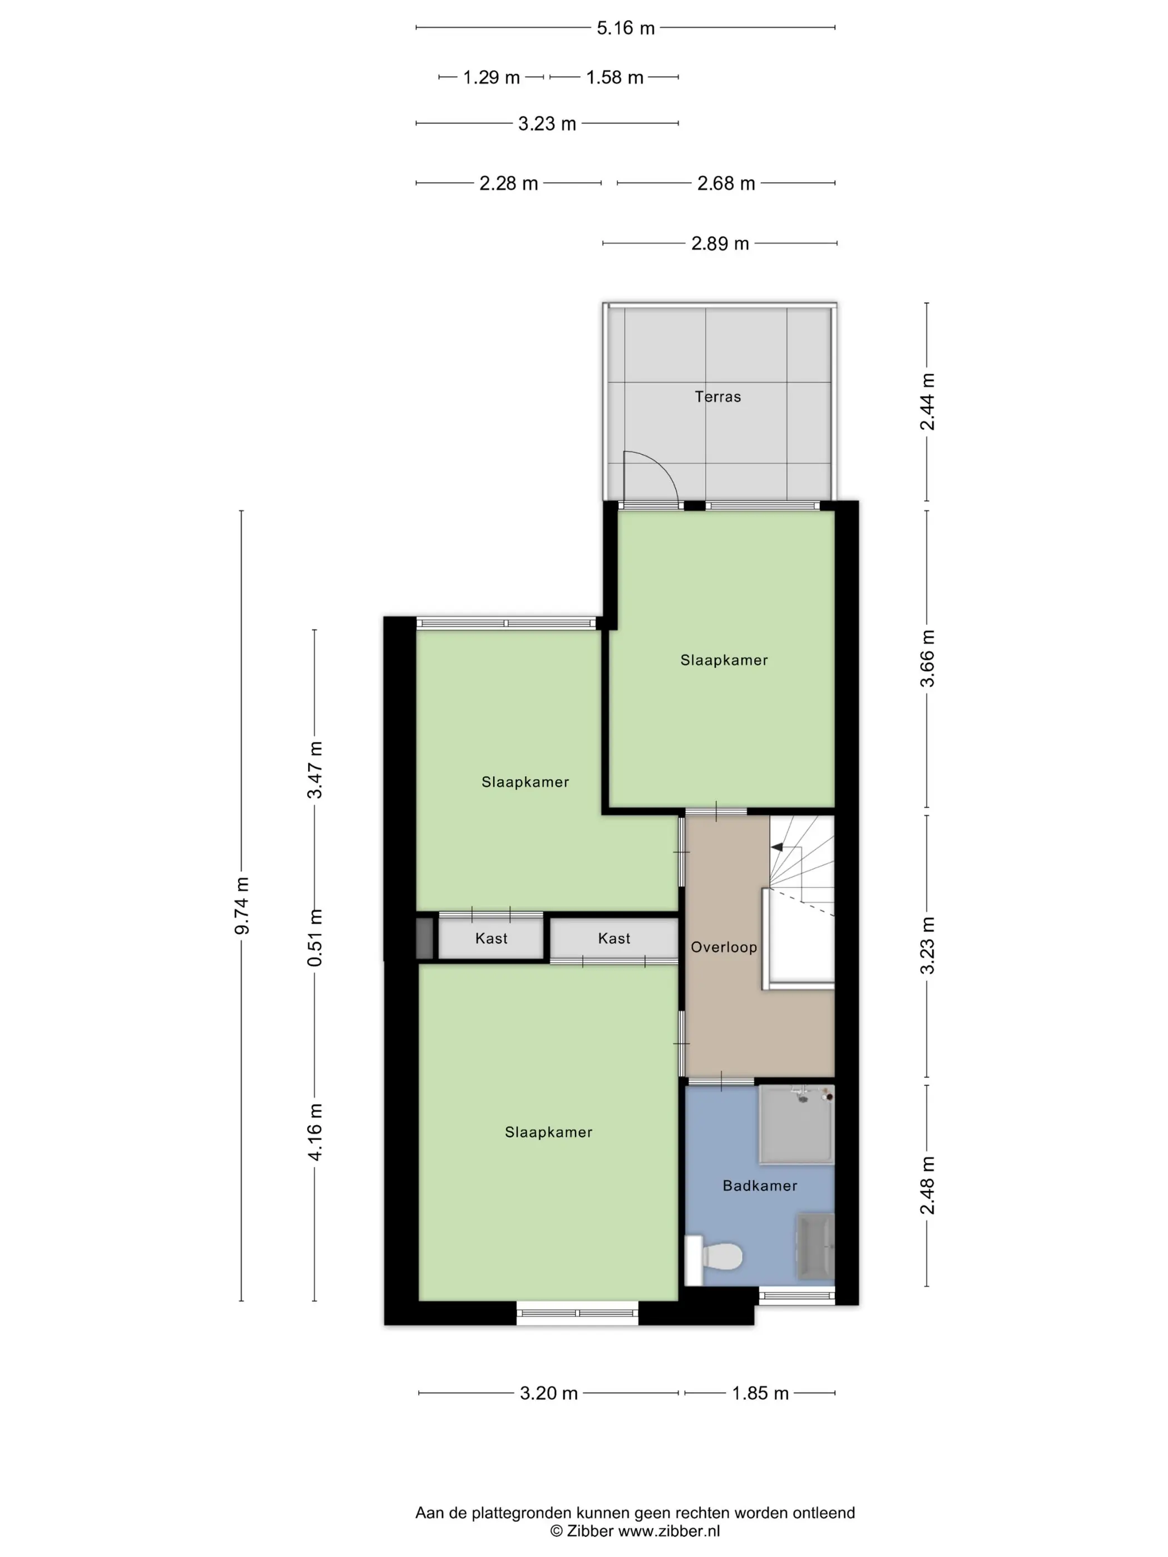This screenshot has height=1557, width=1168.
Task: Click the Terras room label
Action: point(717,397)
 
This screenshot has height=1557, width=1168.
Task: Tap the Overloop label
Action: point(724,947)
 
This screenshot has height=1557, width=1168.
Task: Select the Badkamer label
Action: point(760,1186)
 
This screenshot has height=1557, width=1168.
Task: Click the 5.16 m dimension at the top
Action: point(625,28)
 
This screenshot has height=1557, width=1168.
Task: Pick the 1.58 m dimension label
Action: point(615,77)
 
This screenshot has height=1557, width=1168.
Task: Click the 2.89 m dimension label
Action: point(720,244)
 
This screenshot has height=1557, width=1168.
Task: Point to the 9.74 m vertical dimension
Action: point(241,905)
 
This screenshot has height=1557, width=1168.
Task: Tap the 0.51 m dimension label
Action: point(315,937)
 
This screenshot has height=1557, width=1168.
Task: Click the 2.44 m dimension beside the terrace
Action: point(927,401)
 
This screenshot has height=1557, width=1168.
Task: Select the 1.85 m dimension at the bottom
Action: point(760,1393)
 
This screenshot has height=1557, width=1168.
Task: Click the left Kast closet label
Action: point(491,938)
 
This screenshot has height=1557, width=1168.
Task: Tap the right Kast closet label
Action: point(614,938)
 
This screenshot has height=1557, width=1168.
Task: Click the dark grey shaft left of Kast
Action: point(424,938)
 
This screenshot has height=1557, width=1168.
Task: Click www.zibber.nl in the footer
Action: point(669,1531)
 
